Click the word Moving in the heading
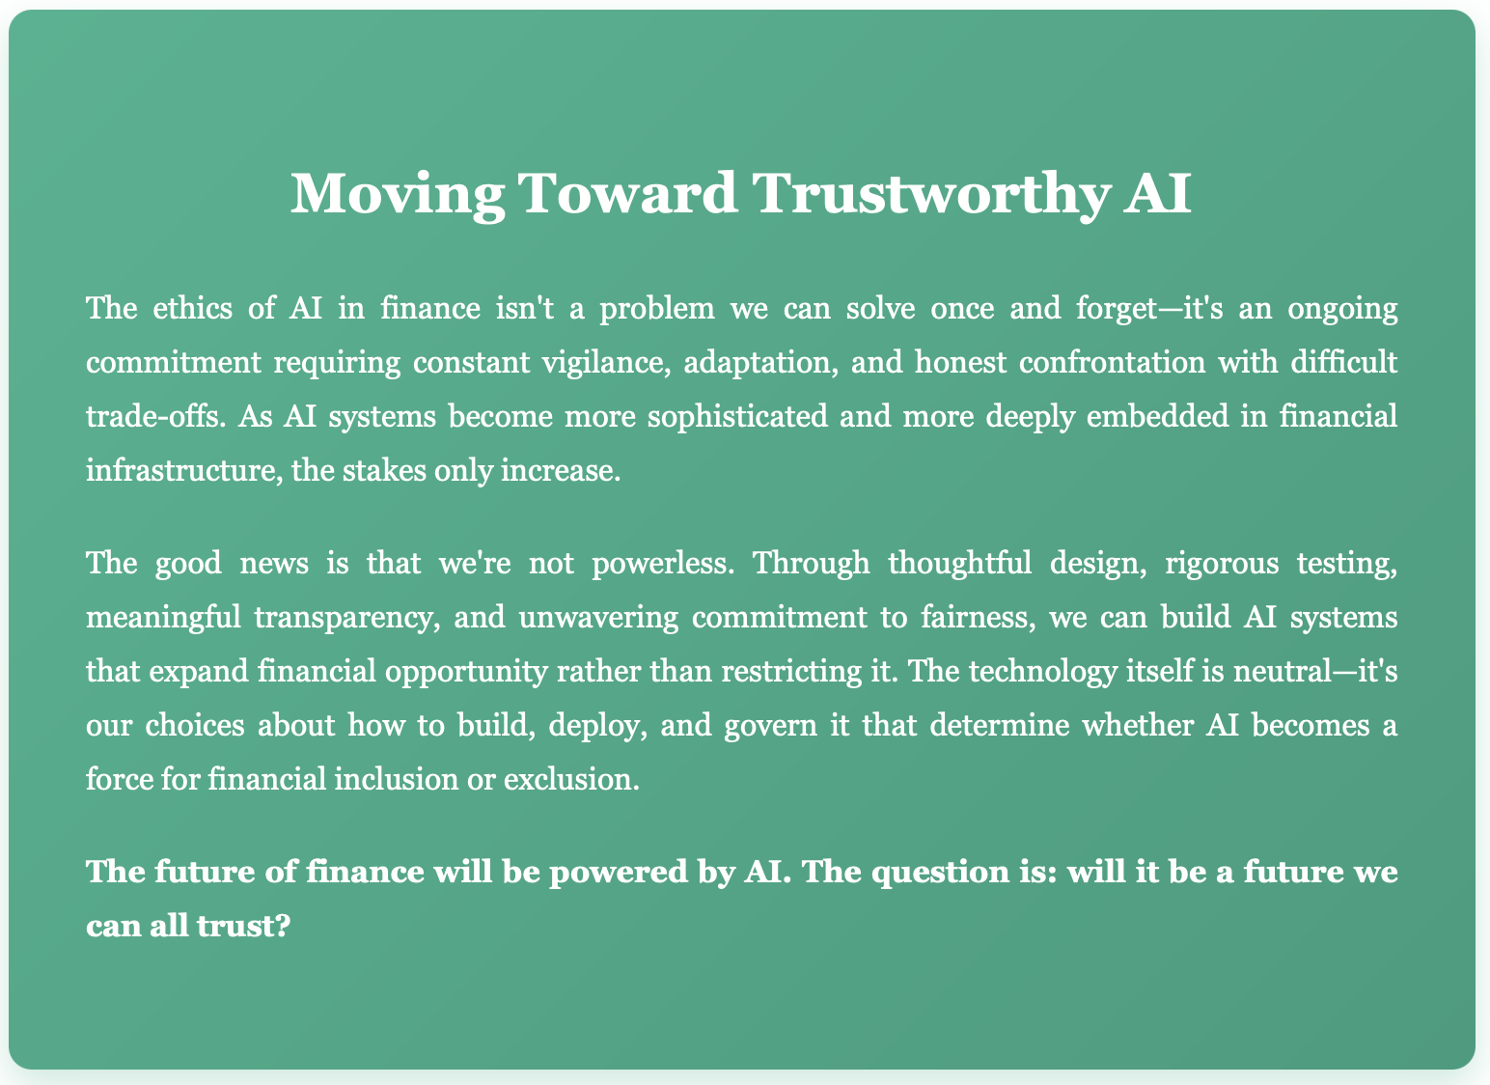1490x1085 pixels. (x=398, y=194)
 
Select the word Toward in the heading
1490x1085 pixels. (x=627, y=193)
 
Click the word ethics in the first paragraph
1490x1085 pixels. (x=192, y=308)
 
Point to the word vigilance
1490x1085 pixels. (x=606, y=363)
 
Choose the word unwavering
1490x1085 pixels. (x=598, y=618)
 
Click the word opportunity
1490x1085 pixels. (x=466, y=672)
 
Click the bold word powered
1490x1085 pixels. (x=618, y=873)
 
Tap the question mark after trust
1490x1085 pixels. (x=283, y=926)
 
